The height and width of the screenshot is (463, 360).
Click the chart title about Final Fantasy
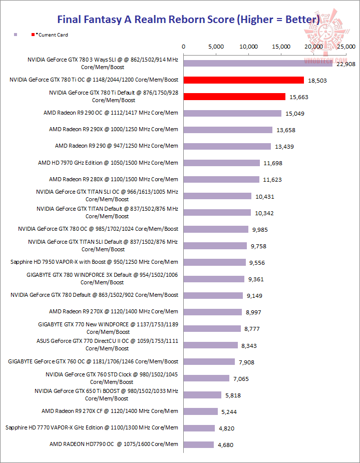(188, 20)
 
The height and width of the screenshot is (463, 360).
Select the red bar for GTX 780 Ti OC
(244, 80)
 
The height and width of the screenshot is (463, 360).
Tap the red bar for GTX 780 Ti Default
(234, 97)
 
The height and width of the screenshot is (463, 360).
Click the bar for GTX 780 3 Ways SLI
(258, 64)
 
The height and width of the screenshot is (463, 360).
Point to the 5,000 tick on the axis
(216, 46)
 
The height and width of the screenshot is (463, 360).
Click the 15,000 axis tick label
(281, 46)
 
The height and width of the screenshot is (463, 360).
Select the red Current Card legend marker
(33, 35)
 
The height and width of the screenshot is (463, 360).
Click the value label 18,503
(317, 80)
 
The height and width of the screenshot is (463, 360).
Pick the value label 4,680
(225, 444)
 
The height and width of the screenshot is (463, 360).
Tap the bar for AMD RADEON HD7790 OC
(199, 444)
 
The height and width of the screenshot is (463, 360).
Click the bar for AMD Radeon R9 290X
(228, 130)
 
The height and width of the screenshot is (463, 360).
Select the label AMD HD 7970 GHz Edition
(108, 163)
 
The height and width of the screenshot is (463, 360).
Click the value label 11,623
(273, 179)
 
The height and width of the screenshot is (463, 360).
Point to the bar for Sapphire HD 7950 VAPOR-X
(214, 262)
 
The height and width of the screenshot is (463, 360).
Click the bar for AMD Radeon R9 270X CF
(201, 411)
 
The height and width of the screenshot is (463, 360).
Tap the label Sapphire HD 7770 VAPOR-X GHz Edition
(92, 427)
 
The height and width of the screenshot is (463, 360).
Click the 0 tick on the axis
(184, 46)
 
